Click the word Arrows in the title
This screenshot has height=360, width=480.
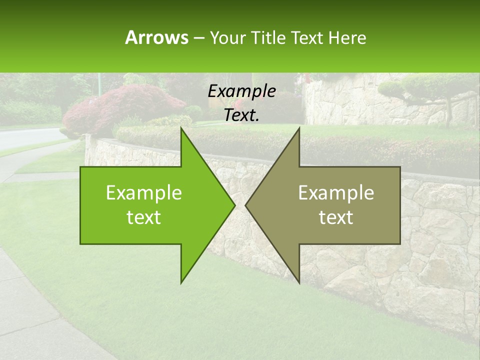(156, 37)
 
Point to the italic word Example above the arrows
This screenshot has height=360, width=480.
(242, 91)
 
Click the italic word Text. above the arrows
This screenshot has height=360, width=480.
(242, 115)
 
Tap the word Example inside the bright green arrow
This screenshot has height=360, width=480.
(144, 193)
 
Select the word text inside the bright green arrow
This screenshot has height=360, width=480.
(144, 217)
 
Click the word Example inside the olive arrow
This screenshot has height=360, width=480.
(336, 193)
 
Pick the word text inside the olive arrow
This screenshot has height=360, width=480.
(336, 217)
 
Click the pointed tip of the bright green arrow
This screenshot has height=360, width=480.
(234, 205)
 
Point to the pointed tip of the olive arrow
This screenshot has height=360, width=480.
(246, 205)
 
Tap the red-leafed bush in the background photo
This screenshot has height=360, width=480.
(125, 105)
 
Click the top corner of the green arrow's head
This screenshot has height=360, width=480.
(181, 128)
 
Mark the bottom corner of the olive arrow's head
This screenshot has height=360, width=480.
(299, 283)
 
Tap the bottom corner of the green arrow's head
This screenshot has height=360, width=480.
(181, 283)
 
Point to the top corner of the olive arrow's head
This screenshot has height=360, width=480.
(299, 128)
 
